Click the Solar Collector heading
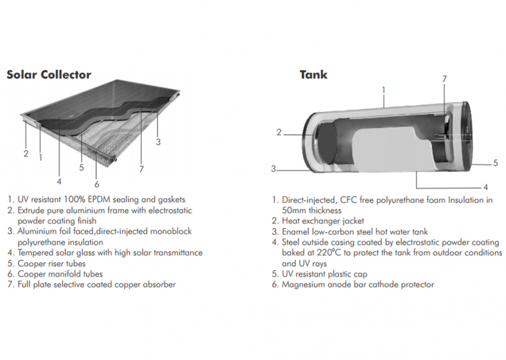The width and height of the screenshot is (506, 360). tap(49, 74)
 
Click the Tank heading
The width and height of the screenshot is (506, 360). tap(313, 74)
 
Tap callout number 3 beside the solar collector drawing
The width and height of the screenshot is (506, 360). tap(158, 141)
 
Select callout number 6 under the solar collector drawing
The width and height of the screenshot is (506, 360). tap(97, 168)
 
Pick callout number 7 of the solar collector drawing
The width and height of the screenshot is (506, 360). tap(141, 169)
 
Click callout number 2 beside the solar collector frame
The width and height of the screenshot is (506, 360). tap(26, 154)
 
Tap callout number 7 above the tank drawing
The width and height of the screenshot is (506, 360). tap(444, 79)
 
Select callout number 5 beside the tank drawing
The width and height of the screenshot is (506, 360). tap(496, 163)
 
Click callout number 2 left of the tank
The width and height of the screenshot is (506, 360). tap(279, 133)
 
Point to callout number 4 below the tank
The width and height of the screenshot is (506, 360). tap(485, 187)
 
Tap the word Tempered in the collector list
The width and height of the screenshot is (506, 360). tap(37, 253)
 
